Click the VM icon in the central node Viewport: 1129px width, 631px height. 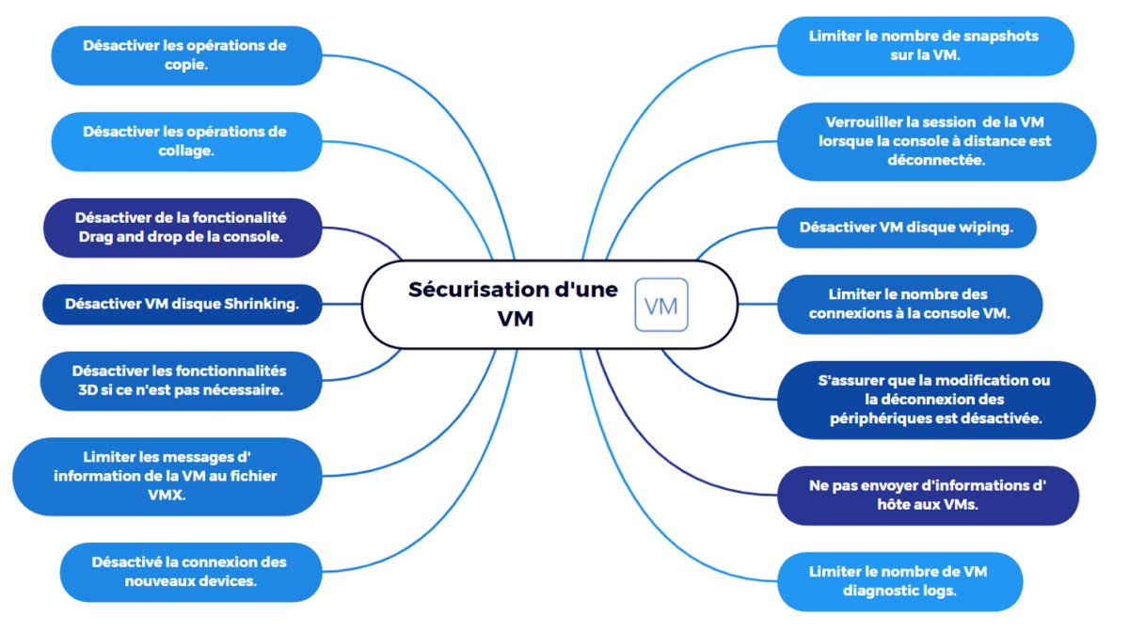(x=661, y=306)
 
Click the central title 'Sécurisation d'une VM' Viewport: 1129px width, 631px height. (x=514, y=304)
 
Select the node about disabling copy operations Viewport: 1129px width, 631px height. (x=184, y=55)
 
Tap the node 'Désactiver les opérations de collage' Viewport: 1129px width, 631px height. (x=184, y=141)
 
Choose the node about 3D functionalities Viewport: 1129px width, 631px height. (x=180, y=380)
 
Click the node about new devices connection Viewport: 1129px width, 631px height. (x=190, y=571)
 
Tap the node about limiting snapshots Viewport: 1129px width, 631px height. (x=926, y=45)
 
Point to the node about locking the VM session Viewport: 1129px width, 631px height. (x=935, y=140)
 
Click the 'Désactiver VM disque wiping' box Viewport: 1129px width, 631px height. (x=906, y=228)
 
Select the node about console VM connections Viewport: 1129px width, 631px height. (x=909, y=304)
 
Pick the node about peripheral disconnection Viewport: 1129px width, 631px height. (x=936, y=399)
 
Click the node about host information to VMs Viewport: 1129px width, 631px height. (x=927, y=495)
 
